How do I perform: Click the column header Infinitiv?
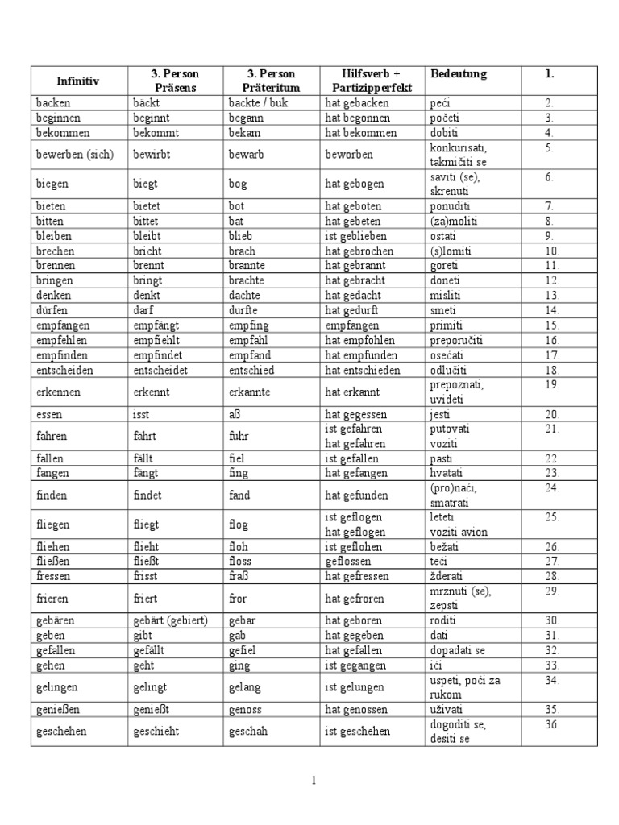coord(77,81)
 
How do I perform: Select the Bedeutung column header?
coord(459,74)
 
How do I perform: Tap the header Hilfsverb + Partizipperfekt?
coord(372,81)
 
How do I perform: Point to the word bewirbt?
coord(151,154)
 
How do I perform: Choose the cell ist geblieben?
coord(355,237)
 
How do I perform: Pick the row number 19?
coord(551,385)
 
